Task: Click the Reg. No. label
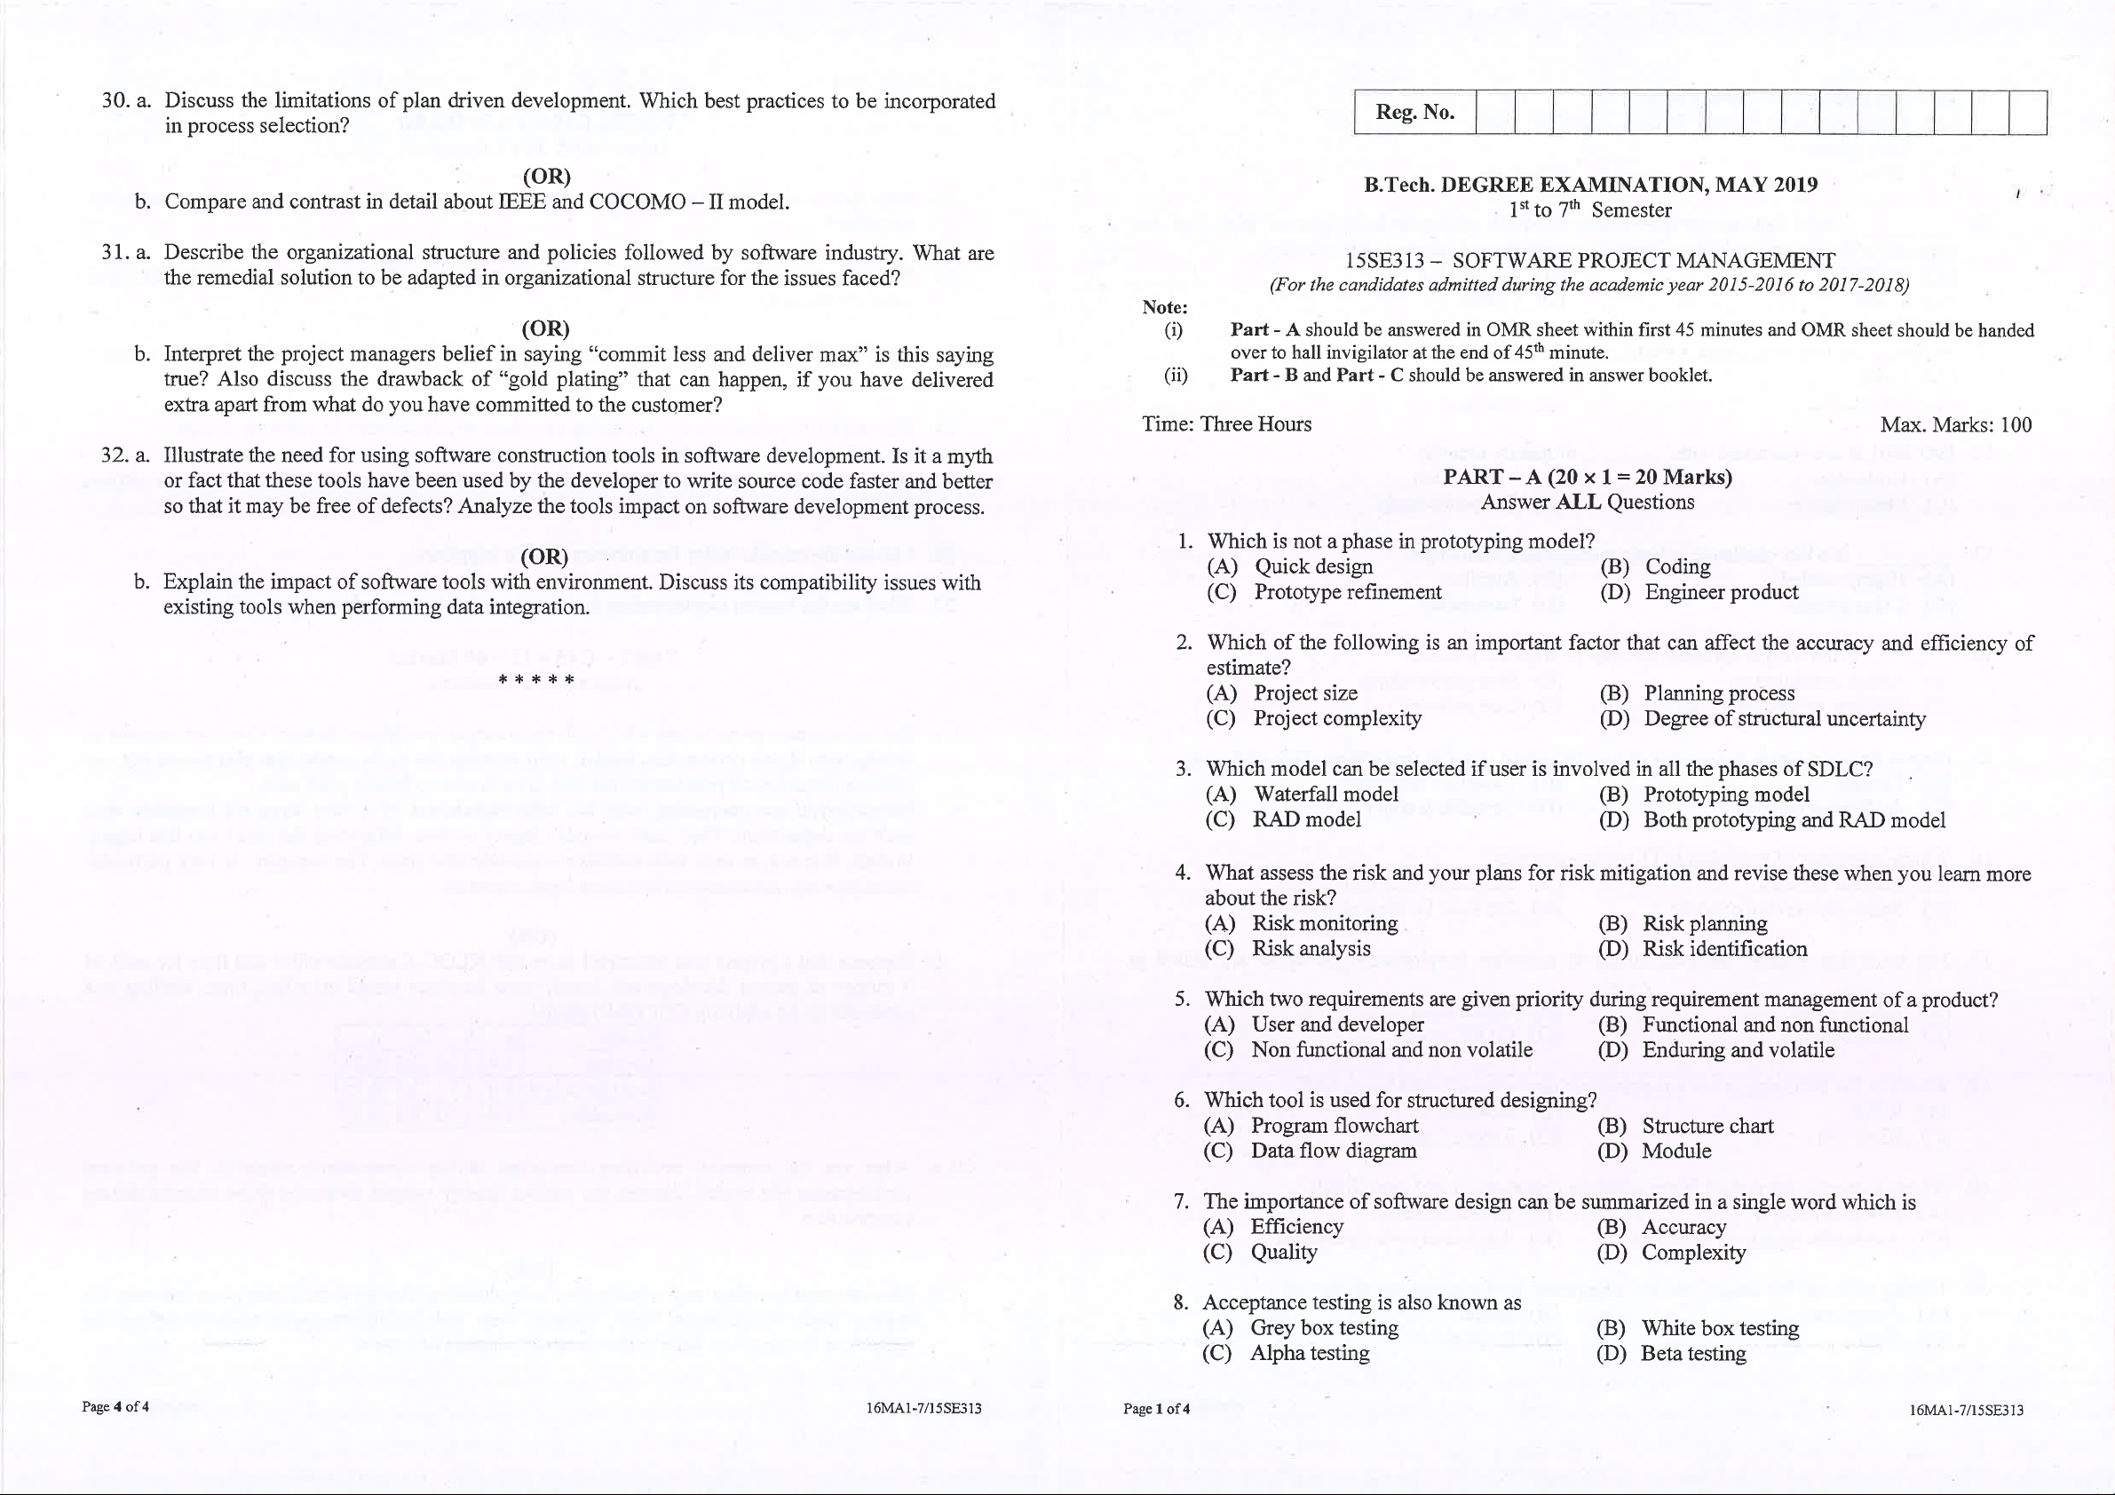(x=1415, y=113)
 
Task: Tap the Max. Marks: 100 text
(x=1956, y=424)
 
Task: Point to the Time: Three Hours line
(x=1226, y=423)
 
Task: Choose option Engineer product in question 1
(x=1721, y=592)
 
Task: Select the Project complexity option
(x=1336, y=718)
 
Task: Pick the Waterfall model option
(x=1326, y=794)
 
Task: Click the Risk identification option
(x=1724, y=949)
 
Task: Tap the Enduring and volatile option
(x=1738, y=1050)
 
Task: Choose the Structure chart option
(x=1707, y=1126)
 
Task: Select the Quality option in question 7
(x=1283, y=1252)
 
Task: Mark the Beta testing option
(x=1693, y=1353)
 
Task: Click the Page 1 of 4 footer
(x=1156, y=1408)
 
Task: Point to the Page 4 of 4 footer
(x=115, y=1406)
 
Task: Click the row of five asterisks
(x=536, y=681)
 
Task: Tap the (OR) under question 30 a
(x=546, y=176)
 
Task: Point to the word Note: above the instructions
(x=1164, y=308)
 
